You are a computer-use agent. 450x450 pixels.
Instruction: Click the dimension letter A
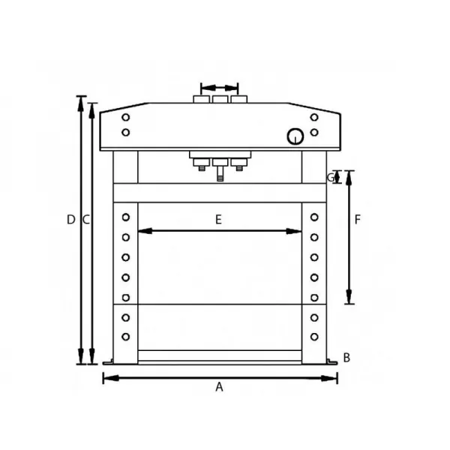[219, 387]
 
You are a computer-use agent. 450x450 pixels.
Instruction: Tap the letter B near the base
[346, 358]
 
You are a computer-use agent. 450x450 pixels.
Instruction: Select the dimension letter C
[86, 220]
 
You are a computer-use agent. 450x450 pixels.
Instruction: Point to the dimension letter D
[71, 220]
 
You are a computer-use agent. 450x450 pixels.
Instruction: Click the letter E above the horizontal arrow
[219, 220]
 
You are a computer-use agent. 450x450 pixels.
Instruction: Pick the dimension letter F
[357, 220]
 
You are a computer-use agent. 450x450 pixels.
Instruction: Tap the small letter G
[331, 178]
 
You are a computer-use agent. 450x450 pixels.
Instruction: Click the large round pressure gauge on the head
[295, 136]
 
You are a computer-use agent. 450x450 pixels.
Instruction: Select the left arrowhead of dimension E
[145, 231]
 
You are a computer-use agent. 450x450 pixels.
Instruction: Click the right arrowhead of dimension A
[329, 378]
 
